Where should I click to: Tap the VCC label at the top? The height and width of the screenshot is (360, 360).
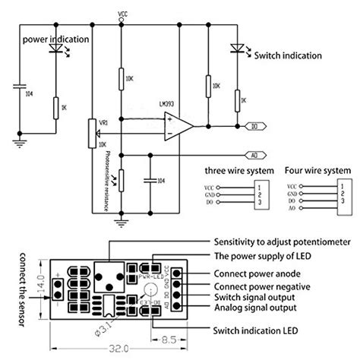point(123,14)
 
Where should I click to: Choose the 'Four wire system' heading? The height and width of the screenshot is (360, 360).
point(317,170)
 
